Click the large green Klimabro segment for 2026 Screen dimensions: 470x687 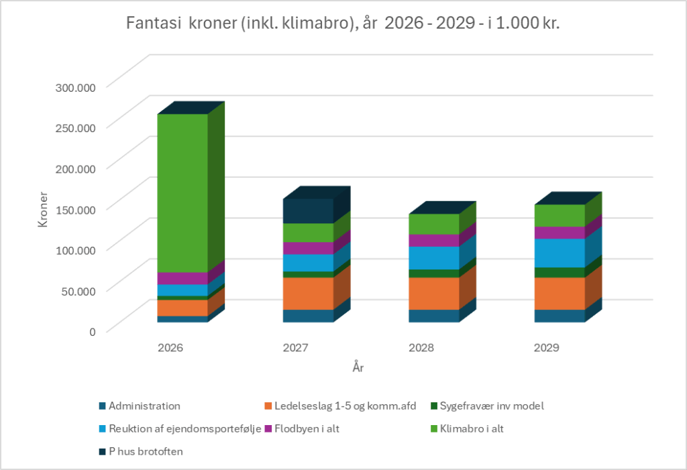182,193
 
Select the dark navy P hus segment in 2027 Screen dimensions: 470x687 308,211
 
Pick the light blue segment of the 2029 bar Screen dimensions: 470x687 559,253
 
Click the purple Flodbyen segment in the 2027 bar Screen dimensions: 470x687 308,248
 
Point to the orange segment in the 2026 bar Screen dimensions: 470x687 182,308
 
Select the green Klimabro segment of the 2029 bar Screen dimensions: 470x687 559,215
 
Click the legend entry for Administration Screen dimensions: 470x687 144,406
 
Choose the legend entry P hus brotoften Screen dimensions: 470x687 145,451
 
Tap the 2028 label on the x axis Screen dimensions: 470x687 421,348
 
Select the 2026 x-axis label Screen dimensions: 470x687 170,348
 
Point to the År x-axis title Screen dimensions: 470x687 358,367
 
